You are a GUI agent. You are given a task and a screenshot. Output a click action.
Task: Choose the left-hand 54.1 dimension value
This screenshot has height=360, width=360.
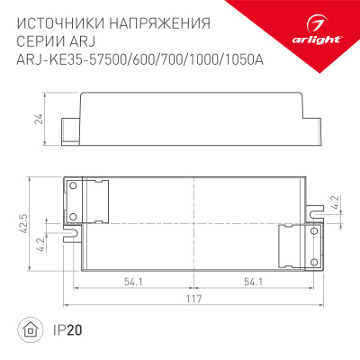135,282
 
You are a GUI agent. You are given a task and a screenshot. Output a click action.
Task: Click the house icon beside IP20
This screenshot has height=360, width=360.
30,331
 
